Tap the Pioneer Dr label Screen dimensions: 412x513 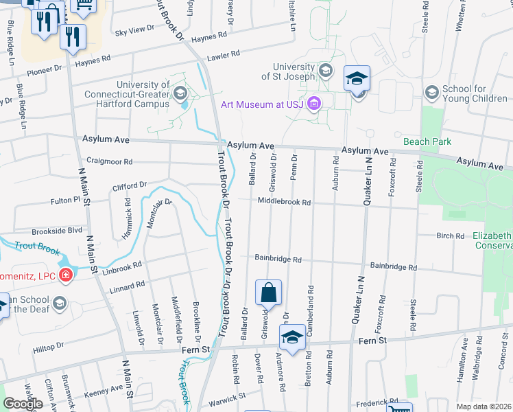pyautogui.click(x=45, y=69)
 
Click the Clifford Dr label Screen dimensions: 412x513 pyautogui.click(x=130, y=185)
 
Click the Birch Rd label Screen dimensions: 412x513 pyautogui.click(x=450, y=236)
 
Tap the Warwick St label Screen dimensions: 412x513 pyautogui.click(x=227, y=398)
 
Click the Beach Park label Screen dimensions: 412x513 pyautogui.click(x=427, y=142)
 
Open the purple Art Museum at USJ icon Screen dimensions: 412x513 pyautogui.click(x=314, y=104)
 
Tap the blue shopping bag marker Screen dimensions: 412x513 pyautogui.click(x=268, y=292)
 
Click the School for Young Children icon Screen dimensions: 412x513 pyautogui.click(x=432, y=92)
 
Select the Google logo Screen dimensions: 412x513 pyautogui.click(x=23, y=403)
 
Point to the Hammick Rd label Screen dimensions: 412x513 pyautogui.click(x=128, y=214)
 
